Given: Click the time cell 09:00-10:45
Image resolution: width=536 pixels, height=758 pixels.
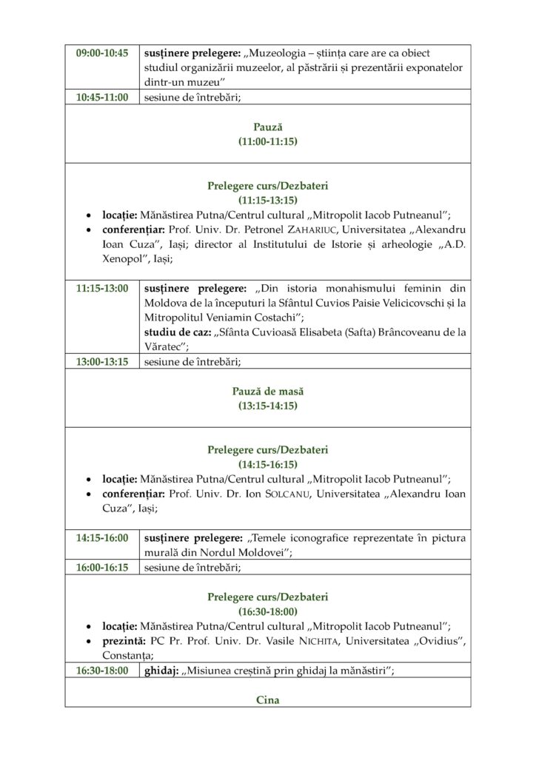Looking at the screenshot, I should [102, 53].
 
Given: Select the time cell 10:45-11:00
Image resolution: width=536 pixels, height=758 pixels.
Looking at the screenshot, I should [102, 97].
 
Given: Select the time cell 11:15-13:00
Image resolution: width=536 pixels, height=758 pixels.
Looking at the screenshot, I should [102, 288].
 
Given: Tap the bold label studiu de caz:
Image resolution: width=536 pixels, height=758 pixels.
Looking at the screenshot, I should [175, 332].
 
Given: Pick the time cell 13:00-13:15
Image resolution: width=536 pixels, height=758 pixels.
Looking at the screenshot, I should [102, 361].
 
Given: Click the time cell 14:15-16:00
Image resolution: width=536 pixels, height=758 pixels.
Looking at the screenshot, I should [102, 538].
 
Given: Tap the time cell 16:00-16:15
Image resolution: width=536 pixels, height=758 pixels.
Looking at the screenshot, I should [102, 568].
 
